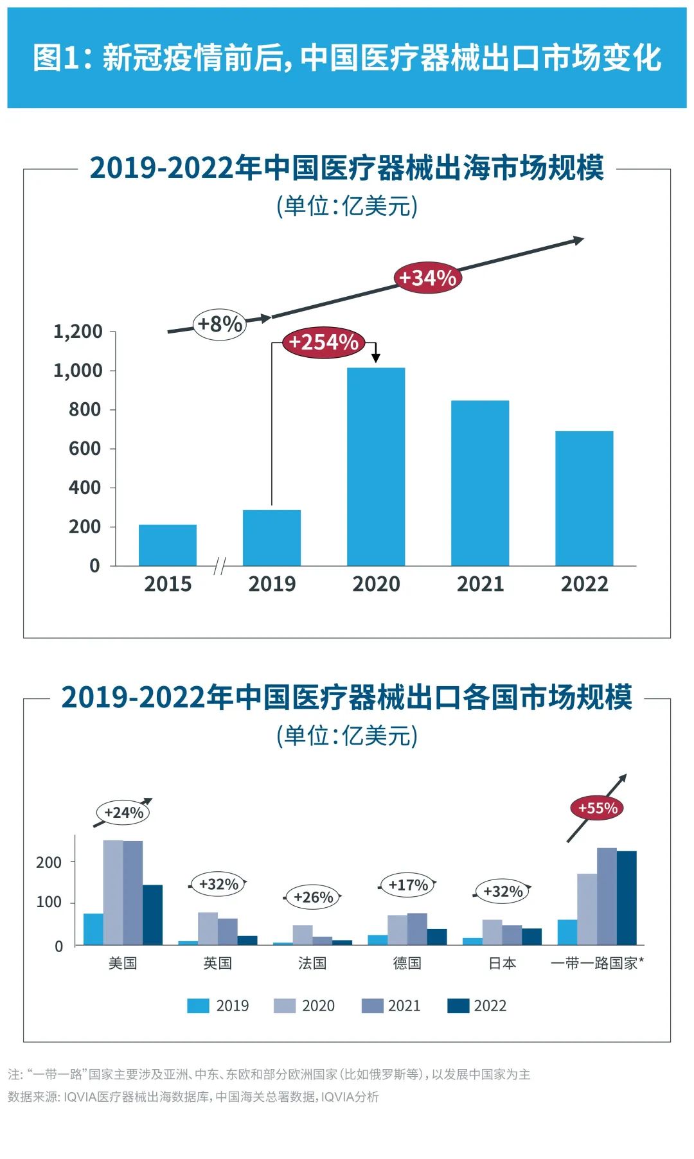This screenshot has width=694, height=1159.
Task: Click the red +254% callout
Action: point(323,342)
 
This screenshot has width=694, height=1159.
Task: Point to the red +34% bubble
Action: point(427,278)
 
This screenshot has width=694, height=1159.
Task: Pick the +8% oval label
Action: point(220,324)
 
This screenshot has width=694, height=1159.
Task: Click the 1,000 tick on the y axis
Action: point(78,371)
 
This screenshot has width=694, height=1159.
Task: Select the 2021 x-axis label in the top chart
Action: point(480,584)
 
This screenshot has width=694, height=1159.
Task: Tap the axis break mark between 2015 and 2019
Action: point(219,566)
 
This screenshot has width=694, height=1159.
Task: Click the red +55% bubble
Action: point(597,808)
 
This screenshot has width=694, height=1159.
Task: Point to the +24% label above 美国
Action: point(123,813)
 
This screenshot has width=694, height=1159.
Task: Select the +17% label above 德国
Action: point(408,885)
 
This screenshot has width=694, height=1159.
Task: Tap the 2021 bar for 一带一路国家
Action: point(607,896)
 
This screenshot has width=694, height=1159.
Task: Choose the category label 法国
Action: point(312,963)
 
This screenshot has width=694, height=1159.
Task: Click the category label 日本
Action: point(502,963)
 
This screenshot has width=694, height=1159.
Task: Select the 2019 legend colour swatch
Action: point(198,1005)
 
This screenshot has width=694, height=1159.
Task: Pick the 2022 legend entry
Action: point(477,1005)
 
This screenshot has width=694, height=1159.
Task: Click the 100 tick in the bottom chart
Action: point(49,903)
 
